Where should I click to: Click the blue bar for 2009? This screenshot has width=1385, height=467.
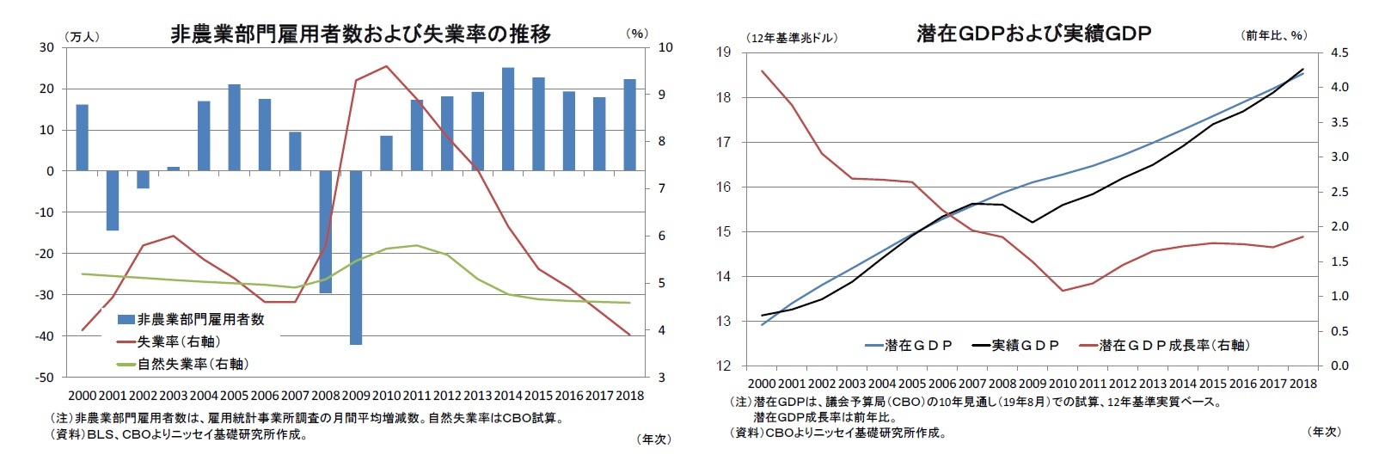[355, 257]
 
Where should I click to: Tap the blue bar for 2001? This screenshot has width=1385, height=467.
[113, 200]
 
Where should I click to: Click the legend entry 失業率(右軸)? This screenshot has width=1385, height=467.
[178, 341]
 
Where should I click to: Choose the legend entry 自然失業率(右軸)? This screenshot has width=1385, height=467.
[193, 364]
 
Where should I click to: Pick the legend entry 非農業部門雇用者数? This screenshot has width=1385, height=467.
[200, 319]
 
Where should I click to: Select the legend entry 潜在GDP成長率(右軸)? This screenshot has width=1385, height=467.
[1174, 345]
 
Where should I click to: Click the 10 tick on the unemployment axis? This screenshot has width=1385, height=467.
[665, 47]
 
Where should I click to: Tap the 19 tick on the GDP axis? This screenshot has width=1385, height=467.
[723, 52]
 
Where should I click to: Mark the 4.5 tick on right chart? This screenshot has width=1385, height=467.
[1339, 52]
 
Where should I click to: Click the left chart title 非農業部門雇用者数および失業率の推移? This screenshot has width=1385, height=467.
[360, 34]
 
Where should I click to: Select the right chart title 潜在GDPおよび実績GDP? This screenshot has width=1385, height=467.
[1033, 34]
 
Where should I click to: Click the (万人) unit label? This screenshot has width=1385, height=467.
[83, 36]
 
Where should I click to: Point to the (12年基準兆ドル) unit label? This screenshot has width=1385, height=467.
[794, 38]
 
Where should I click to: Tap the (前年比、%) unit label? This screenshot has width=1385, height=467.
[1274, 35]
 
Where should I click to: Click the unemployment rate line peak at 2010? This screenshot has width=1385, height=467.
[386, 66]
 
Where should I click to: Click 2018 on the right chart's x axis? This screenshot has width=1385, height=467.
[1302, 384]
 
